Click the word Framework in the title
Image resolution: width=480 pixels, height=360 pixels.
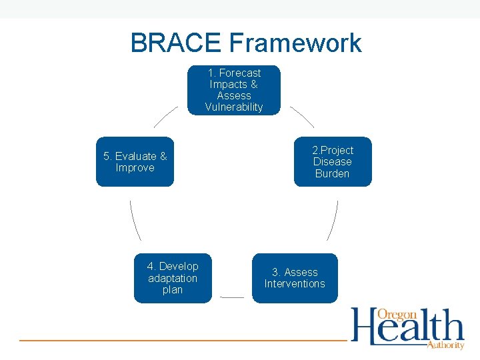click(295, 43)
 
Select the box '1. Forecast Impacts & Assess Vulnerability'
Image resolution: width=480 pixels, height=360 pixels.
click(233, 90)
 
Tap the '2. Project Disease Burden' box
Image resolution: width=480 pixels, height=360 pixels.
click(332, 162)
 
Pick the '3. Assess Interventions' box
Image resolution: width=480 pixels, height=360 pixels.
click(294, 278)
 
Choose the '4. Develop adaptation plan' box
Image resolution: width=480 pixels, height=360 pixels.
click(173, 278)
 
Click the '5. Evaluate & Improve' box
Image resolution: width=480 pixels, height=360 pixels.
click(135, 162)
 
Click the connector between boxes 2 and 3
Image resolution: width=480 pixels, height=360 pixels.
click(333, 220)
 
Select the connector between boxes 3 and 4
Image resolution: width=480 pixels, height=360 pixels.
click(232, 297)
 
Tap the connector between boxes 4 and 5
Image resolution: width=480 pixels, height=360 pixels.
click(135, 220)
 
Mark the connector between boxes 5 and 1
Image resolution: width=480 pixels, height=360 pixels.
click(166, 117)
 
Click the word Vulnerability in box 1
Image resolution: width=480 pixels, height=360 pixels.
click(233, 107)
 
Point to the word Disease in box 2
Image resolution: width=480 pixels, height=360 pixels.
click(332, 162)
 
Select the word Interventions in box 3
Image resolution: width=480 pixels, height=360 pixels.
click(294, 284)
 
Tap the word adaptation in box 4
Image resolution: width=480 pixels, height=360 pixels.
click(173, 278)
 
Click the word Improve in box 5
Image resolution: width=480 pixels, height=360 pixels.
click(135, 168)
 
